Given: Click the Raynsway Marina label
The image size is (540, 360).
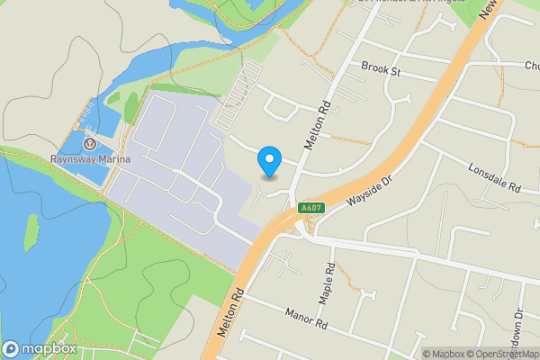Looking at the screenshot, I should [x=90, y=159].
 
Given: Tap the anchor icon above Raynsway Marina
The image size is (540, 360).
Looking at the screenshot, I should [x=90, y=144].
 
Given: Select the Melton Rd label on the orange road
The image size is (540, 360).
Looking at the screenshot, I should [x=229, y=315].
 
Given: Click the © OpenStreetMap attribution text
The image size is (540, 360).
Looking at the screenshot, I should [x=505, y=354].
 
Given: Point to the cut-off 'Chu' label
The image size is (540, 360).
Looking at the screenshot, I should [x=530, y=65].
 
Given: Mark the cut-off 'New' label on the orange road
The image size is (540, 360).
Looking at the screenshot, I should [x=490, y=9].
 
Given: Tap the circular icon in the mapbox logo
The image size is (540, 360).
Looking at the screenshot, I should [x=12, y=349].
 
